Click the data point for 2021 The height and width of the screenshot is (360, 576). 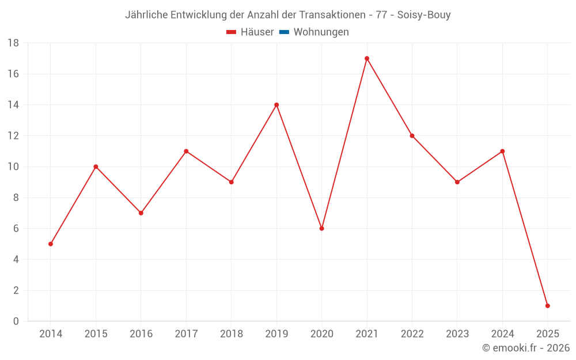[x=367, y=58]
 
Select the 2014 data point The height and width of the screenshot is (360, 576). [x=51, y=244]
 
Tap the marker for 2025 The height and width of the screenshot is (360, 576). [x=547, y=306]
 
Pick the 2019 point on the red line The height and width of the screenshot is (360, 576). [x=276, y=105]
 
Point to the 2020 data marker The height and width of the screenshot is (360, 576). [x=321, y=229]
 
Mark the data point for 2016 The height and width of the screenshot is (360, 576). [x=141, y=213]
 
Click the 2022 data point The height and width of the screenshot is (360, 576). [x=412, y=136]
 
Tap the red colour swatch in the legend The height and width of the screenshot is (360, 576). [x=232, y=32]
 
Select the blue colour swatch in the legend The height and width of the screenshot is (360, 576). [x=284, y=32]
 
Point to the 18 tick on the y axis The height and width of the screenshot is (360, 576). [x=13, y=43]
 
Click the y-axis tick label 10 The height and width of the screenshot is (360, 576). [x=13, y=167]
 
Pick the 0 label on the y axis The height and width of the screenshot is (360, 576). [x=16, y=321]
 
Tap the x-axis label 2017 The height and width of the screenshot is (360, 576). [x=186, y=334]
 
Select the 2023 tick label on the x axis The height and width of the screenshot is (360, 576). [x=457, y=334]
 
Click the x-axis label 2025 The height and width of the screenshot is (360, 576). [x=547, y=334]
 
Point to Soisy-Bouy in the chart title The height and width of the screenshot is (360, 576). [x=424, y=15]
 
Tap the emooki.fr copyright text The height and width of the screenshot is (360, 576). [x=526, y=348]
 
